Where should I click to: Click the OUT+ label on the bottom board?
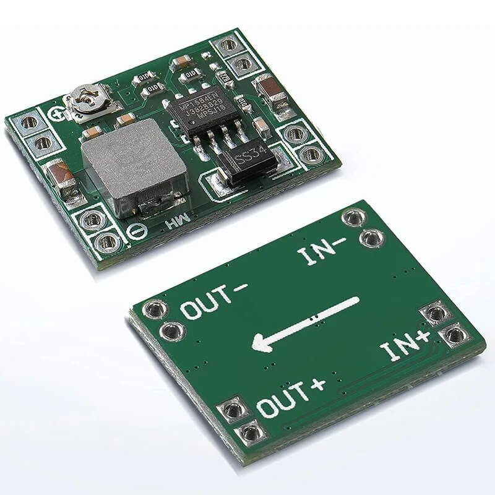point(290,396)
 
